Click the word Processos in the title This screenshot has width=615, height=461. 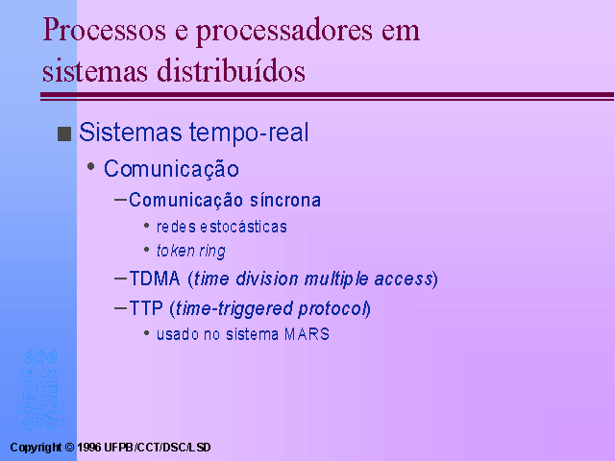104,30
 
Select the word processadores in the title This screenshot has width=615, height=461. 284,32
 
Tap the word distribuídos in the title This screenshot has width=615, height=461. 231,70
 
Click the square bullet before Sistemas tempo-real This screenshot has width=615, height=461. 64,133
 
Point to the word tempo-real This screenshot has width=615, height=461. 249,133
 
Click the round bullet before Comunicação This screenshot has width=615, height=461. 91,166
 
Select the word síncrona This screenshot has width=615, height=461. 285,200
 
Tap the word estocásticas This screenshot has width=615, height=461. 243,227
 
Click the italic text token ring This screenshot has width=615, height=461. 190,252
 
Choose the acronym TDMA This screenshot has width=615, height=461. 155,279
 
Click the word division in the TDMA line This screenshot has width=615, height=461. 267,279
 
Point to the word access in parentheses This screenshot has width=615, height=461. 404,279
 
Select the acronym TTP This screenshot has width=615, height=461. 146,308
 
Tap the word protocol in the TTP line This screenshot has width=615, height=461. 332,309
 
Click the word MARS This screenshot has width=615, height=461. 307,334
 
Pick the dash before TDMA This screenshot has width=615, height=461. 120,279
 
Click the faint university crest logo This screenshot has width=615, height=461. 39,389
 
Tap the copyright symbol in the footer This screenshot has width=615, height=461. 69,448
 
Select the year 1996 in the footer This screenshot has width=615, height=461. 89,448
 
